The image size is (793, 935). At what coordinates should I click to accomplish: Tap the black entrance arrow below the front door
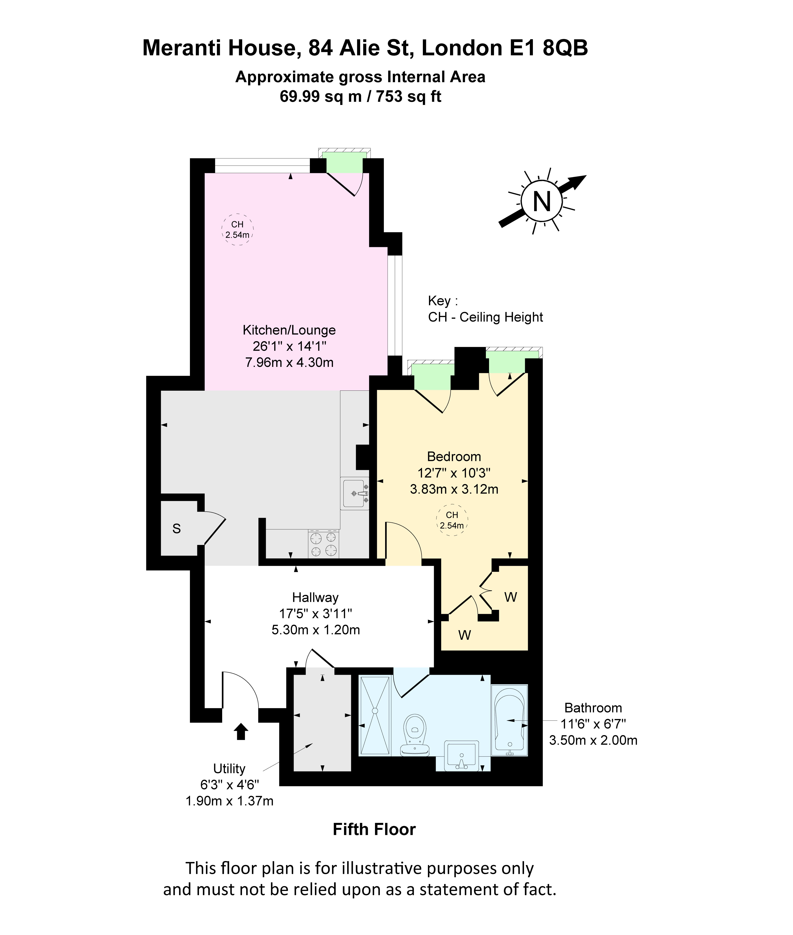(x=241, y=731)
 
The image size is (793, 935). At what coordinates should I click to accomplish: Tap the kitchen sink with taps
(x=355, y=493)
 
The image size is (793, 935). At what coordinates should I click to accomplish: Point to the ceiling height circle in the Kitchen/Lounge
(x=237, y=229)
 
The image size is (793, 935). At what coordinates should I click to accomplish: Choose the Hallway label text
(x=315, y=598)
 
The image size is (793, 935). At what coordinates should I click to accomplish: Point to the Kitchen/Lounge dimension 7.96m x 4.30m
(x=289, y=362)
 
